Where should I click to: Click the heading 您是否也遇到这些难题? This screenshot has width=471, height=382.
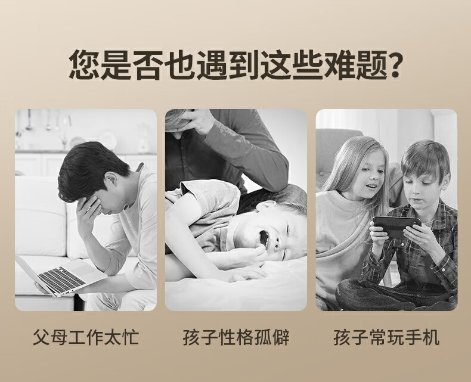coord(234,65)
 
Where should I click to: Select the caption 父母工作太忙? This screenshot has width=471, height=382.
coord(86,338)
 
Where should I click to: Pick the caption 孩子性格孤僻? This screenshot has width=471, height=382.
coord(236,338)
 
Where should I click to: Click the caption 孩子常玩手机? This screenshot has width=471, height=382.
coord(386,338)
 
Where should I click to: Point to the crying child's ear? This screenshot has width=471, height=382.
coord(265,206)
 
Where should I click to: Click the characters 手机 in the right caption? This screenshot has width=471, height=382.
coord(422,338)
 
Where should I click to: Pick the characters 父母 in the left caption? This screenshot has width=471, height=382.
coord(50,338)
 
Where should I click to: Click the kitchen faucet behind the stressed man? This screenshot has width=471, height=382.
coord(66,132)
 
